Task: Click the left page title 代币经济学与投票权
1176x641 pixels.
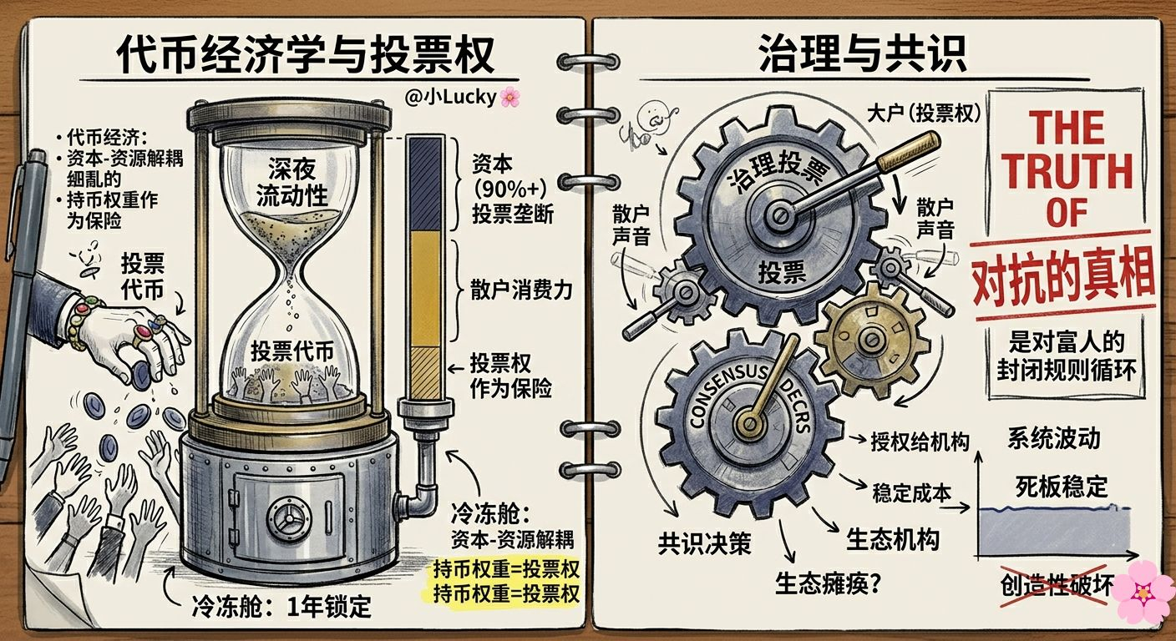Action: click(x=306, y=56)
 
